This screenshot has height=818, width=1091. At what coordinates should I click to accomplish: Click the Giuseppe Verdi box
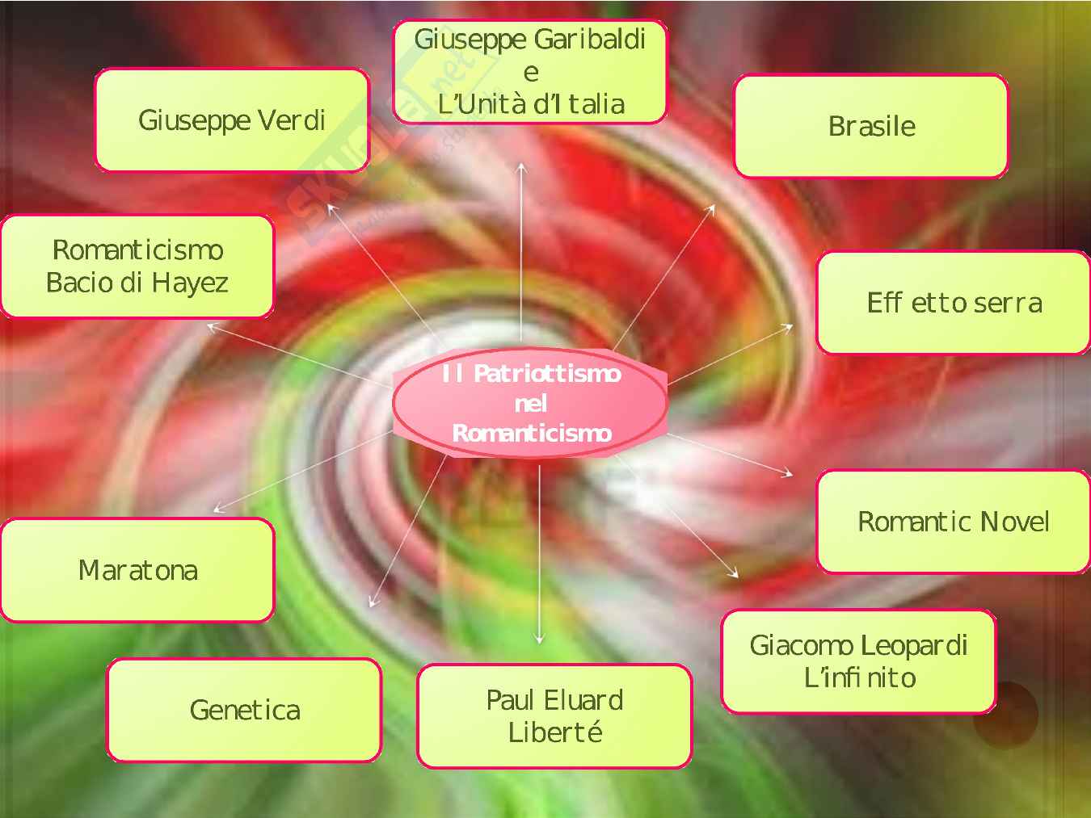232,120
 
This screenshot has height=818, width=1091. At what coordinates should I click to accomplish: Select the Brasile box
871,126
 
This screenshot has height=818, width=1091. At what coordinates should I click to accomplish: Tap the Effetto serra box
954,303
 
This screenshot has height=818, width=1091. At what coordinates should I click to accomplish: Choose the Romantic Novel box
954,522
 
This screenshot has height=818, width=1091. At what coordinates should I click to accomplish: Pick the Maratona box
137,570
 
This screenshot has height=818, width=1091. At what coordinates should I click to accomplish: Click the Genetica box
244,710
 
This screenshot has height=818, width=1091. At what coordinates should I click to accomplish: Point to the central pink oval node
530,403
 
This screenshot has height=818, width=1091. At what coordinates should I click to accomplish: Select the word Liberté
555,732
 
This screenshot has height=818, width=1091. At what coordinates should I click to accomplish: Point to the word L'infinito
860,677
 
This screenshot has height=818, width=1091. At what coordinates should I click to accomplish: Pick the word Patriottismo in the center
547,373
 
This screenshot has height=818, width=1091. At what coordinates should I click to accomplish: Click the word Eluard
582,700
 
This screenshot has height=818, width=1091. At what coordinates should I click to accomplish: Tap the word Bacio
76,283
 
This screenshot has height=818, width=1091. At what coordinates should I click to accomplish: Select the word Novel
1014,522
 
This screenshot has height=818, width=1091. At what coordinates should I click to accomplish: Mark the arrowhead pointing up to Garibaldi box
522,167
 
